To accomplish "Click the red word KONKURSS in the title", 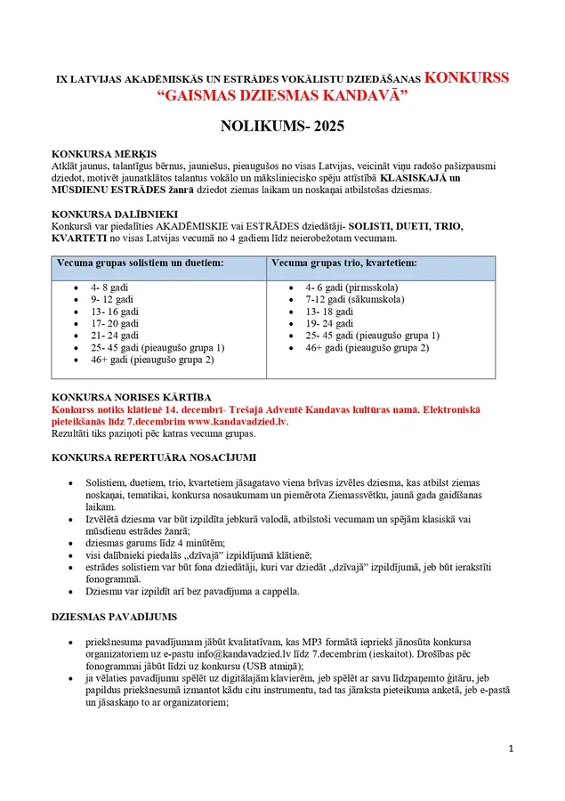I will [466, 77].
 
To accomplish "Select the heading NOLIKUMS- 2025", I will [281, 127].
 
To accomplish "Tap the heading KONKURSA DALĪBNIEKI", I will [115, 214].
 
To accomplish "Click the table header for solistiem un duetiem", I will [140, 264].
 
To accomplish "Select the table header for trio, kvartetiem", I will [343, 264].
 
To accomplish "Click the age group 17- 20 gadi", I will [115, 324].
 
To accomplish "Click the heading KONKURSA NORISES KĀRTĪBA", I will [132, 396].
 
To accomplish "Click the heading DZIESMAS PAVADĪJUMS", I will [115, 617].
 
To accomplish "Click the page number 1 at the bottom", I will [512, 748].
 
